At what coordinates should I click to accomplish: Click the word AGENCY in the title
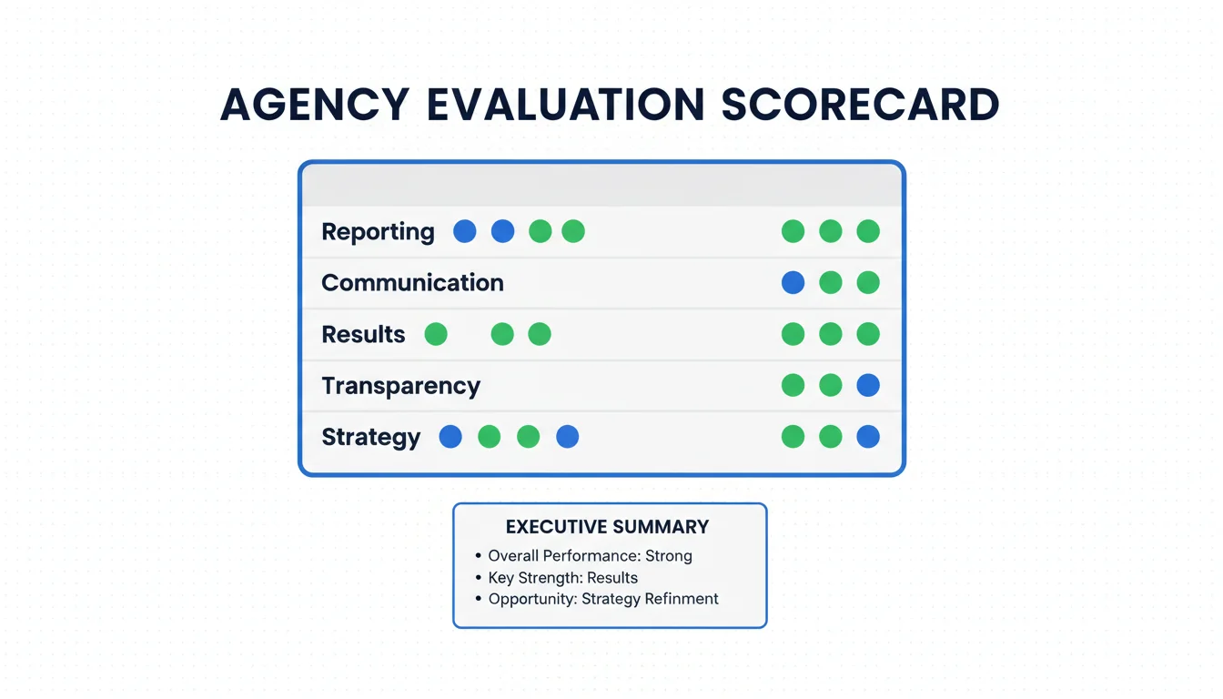pyautogui.click(x=315, y=105)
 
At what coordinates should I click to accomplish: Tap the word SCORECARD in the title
pyautogui.click(x=861, y=105)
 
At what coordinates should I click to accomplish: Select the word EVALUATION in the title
pyautogui.click(x=565, y=105)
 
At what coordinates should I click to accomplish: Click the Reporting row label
pyautogui.click(x=378, y=231)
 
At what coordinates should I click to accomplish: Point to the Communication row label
pyautogui.click(x=412, y=282)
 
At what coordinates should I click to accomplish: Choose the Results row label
pyautogui.click(x=363, y=334)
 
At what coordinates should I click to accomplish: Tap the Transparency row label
pyautogui.click(x=400, y=386)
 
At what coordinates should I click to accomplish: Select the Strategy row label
pyautogui.click(x=370, y=437)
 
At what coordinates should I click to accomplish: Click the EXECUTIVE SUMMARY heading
pyautogui.click(x=607, y=527)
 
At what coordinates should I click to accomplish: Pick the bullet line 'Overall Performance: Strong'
pyautogui.click(x=590, y=556)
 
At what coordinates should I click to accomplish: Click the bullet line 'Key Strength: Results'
pyautogui.click(x=562, y=578)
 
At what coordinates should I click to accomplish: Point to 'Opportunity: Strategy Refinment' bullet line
pyautogui.click(x=602, y=599)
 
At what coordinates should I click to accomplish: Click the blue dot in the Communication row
pyautogui.click(x=793, y=282)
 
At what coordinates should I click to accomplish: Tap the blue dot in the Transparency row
pyautogui.click(x=868, y=386)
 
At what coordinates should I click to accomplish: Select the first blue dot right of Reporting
pyautogui.click(x=465, y=231)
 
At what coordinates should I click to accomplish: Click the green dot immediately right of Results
pyautogui.click(x=436, y=334)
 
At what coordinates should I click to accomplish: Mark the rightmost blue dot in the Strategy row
pyautogui.click(x=868, y=437)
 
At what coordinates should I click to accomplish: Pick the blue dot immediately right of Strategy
pyautogui.click(x=450, y=437)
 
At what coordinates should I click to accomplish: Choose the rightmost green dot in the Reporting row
pyautogui.click(x=868, y=231)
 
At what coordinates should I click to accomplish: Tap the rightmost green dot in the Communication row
pyautogui.click(x=868, y=282)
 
